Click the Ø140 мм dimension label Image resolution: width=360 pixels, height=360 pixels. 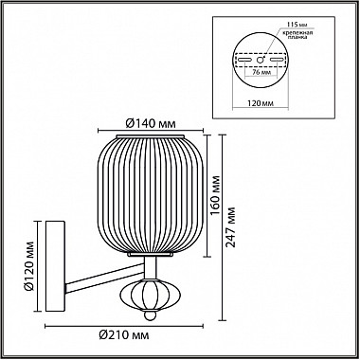click(x=151, y=124)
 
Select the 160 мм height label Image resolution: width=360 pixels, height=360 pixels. click(x=215, y=195)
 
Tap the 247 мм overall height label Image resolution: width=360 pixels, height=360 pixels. click(x=231, y=227)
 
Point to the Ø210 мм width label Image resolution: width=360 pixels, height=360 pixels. click(x=123, y=335)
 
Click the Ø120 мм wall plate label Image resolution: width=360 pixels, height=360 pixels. click(x=29, y=265)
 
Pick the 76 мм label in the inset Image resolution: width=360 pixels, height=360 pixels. click(x=261, y=72)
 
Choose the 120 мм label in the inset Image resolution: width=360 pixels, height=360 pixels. click(x=261, y=103)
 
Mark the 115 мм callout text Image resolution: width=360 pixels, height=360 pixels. click(x=298, y=25)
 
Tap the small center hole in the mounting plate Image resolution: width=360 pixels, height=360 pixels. click(x=261, y=60)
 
